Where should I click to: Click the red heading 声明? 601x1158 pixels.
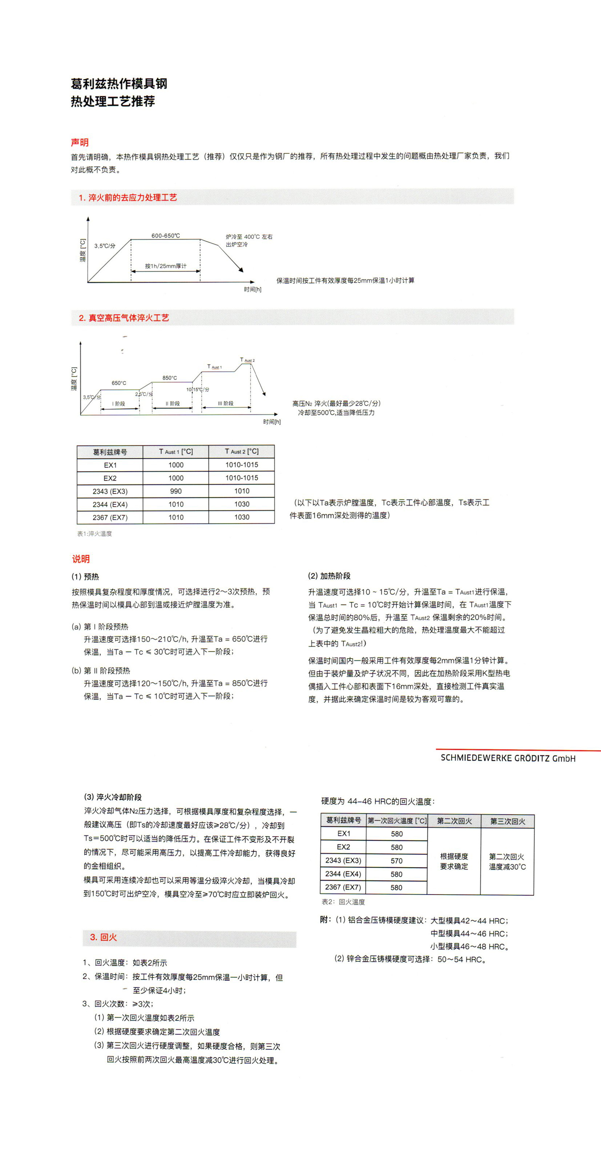click(80, 142)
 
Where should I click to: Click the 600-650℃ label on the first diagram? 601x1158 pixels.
click(165, 235)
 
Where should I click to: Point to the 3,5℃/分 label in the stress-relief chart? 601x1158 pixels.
click(105, 246)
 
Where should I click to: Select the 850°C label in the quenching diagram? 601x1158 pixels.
click(169, 378)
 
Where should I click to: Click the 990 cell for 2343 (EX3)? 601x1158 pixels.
click(176, 491)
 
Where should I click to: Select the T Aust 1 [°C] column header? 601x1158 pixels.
click(176, 451)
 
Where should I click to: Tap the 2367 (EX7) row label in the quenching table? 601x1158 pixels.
click(110, 517)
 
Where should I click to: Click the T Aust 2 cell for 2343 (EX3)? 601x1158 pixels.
click(241, 491)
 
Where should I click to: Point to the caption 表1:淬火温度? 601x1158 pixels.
click(94, 534)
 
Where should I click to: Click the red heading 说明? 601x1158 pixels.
click(81, 559)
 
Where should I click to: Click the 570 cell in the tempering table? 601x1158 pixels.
click(396, 861)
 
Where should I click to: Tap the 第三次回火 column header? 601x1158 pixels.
click(507, 821)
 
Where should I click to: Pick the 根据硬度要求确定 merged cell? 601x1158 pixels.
click(454, 861)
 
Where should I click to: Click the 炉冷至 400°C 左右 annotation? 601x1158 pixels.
click(249, 237)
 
